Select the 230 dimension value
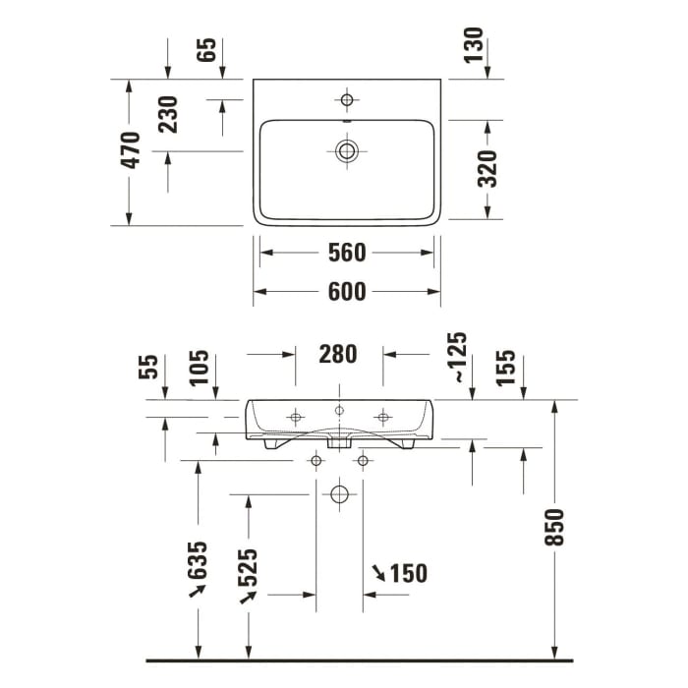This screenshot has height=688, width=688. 168,114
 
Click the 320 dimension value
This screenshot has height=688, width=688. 487,168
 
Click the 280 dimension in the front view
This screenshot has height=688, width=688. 338,354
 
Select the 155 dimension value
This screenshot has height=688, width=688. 507,368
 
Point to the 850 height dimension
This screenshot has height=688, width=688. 555,528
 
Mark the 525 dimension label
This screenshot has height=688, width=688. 248,567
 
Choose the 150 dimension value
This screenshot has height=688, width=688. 409,573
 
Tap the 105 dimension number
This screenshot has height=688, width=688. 200,368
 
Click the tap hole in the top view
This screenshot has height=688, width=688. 346,98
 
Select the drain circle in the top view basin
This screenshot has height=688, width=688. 346,150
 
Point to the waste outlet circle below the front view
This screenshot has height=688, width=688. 339,493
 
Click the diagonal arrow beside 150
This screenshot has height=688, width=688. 378,571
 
